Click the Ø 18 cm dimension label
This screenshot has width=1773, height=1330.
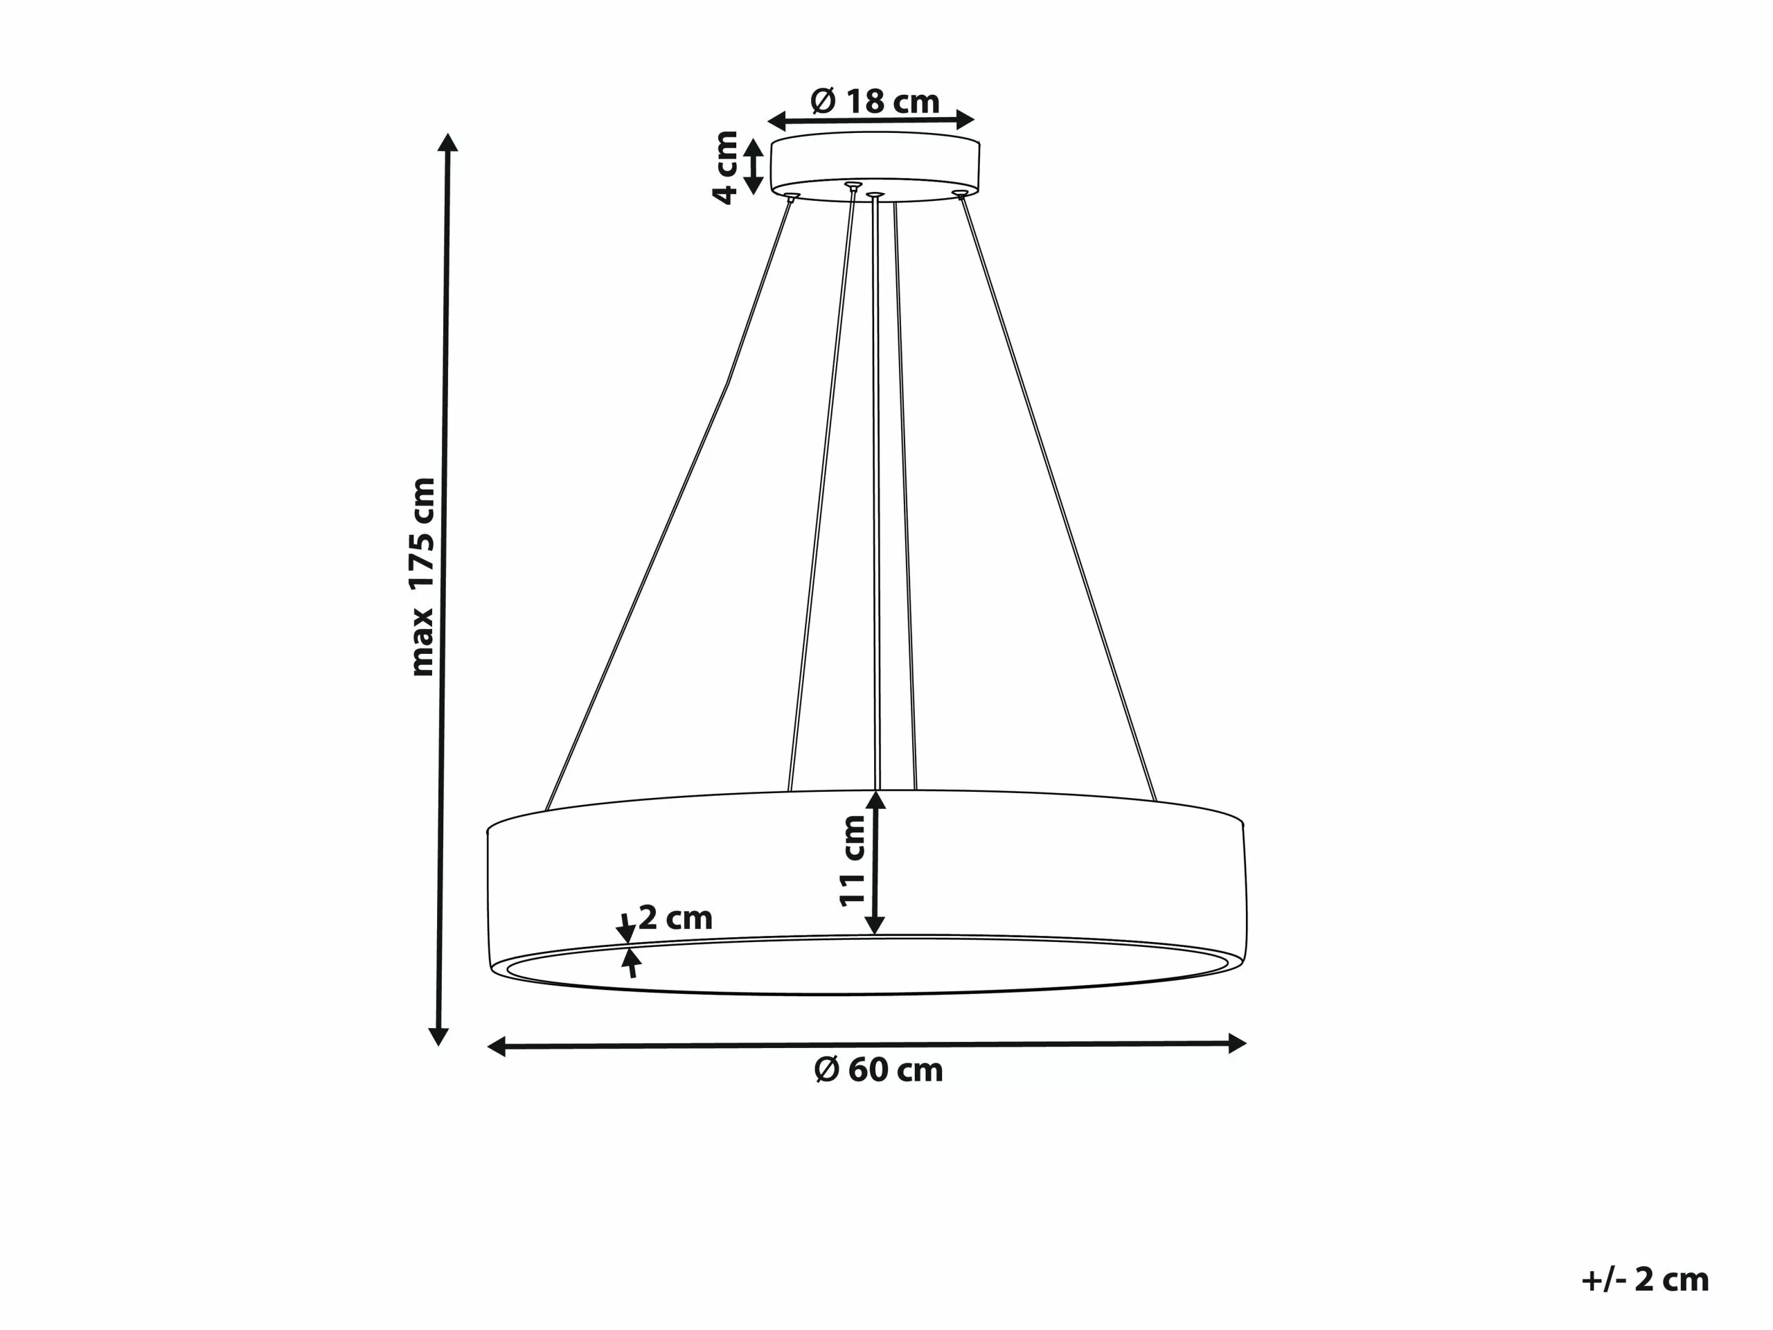(875, 102)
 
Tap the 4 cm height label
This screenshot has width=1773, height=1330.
(727, 167)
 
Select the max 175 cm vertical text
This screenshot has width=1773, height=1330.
(422, 576)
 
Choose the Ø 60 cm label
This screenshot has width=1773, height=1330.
(878, 1070)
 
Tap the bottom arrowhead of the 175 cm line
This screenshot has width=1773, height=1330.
(438, 1036)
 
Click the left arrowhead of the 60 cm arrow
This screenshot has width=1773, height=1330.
(497, 1046)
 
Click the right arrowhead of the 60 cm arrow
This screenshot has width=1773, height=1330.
(1237, 1043)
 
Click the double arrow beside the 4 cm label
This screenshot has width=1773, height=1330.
(754, 167)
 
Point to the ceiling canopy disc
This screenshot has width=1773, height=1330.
(875, 164)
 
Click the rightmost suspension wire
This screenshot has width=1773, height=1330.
(1058, 497)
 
